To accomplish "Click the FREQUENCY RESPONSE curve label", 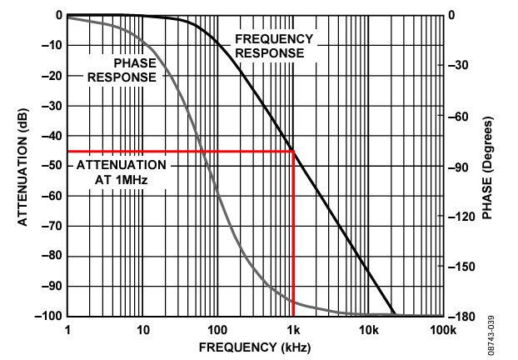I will (274, 46).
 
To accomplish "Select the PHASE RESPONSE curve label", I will (122, 70).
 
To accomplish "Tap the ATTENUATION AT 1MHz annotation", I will (122, 172).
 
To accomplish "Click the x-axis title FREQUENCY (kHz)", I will (255, 346).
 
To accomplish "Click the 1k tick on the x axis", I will (293, 330).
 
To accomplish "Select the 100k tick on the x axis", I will (443, 330).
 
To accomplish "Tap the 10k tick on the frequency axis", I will (368, 330).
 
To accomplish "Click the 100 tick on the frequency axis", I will (217, 330).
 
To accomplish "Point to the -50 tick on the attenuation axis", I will (52, 166).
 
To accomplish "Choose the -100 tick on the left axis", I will (49, 317).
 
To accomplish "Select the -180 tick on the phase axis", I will (463, 317).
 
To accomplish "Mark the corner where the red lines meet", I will (293, 151).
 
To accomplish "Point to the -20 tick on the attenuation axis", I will (52, 75).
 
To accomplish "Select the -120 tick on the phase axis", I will (463, 217).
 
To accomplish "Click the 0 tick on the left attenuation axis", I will (59, 15).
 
